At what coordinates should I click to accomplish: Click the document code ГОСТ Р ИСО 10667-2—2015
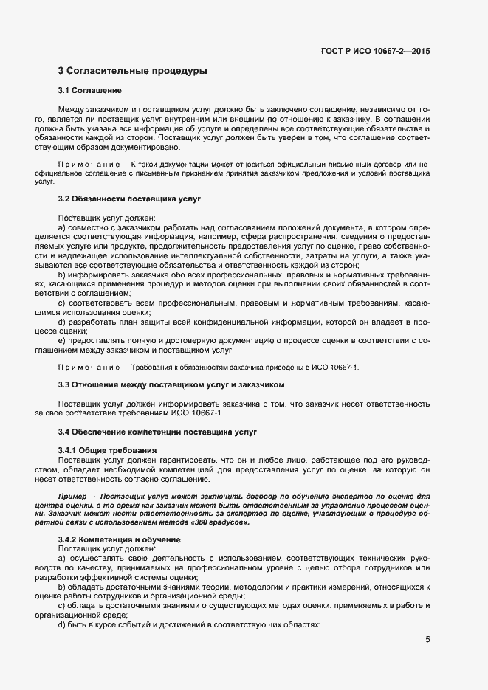(376, 52)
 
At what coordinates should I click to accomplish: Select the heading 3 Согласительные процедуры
(132, 71)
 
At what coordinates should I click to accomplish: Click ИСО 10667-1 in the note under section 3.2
(336, 367)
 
